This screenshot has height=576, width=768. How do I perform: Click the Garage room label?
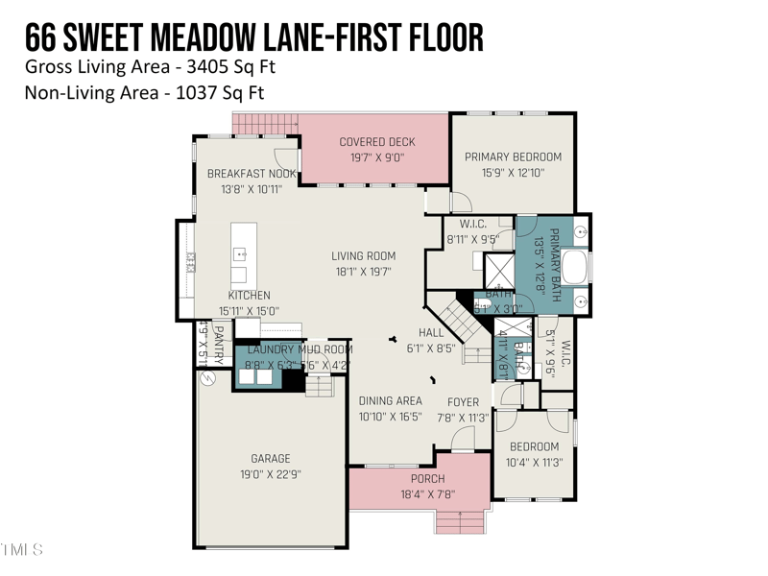tap(271, 459)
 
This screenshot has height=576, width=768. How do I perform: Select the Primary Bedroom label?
tap(513, 156)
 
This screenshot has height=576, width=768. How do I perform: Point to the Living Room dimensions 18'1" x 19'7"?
tap(364, 272)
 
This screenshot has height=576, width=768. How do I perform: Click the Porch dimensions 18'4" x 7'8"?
tap(427, 494)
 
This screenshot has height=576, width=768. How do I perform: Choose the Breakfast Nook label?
tap(252, 174)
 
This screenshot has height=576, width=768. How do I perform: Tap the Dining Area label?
tap(390, 401)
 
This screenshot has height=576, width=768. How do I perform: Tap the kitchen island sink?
tap(239, 254)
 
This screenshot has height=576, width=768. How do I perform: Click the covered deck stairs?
tap(266, 124)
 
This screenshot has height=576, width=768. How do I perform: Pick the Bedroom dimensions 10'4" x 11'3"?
tap(534, 462)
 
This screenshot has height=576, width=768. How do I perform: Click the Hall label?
tap(431, 332)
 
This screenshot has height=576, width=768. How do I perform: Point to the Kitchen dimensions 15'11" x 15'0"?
tap(249, 310)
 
